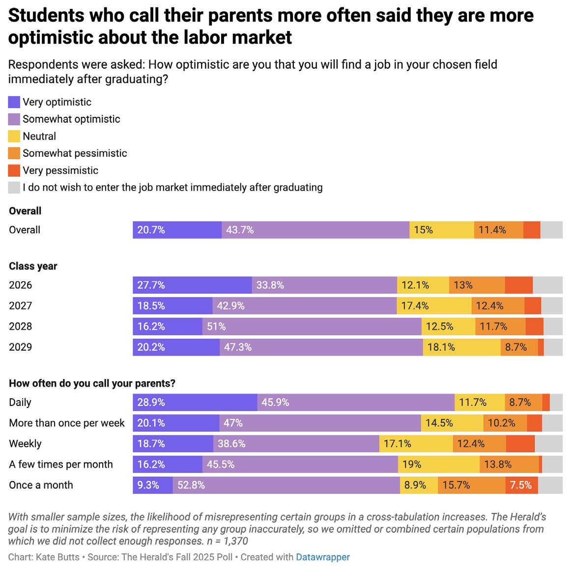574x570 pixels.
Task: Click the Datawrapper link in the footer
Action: click(322, 557)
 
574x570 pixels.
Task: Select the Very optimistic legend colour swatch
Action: click(14, 102)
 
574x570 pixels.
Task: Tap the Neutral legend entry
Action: click(39, 136)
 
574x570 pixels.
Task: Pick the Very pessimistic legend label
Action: click(60, 170)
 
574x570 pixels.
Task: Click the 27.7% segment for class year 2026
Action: click(192, 285)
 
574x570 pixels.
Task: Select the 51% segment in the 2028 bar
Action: click(312, 326)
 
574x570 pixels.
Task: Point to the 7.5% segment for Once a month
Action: click(521, 485)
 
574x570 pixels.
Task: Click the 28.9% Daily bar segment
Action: click(195, 403)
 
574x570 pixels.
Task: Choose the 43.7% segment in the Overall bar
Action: click(315, 230)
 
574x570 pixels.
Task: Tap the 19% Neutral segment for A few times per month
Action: click(439, 464)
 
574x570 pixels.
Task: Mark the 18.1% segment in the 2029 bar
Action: click(461, 347)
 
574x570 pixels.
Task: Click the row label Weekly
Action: click(25, 444)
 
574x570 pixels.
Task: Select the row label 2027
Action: click(20, 306)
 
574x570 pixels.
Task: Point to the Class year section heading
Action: click(33, 266)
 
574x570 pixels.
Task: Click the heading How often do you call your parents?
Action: click(92, 383)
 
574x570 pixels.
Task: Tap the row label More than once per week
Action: click(67, 423)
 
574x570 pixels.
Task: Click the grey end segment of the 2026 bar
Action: click(547, 285)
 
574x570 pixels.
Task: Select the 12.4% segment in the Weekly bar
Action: click(479, 444)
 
